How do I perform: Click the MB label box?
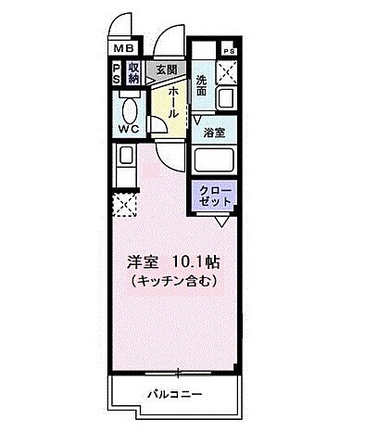(122, 50)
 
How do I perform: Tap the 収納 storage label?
(134, 71)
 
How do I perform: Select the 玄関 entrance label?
(166, 68)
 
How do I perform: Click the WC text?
(128, 130)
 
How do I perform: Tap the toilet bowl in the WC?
(128, 108)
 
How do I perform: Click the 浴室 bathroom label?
(215, 132)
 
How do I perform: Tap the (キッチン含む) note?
(173, 280)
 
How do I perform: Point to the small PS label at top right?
(227, 52)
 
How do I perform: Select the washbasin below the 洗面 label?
(224, 98)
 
